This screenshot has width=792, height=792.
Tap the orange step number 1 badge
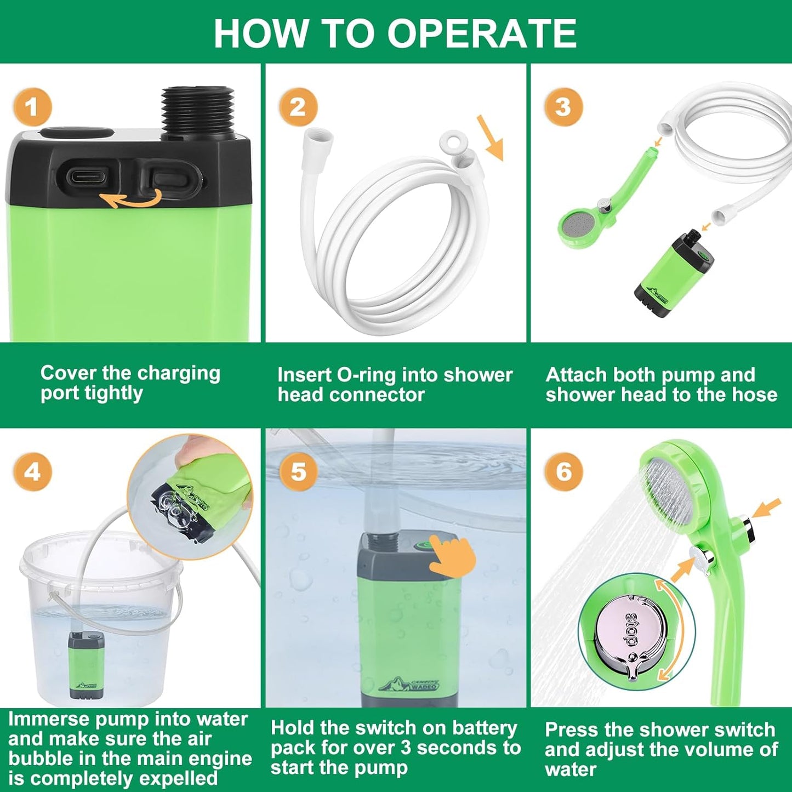click(x=32, y=106)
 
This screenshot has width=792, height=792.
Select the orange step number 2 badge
click(x=298, y=106)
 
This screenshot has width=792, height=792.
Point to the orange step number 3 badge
click(x=563, y=106)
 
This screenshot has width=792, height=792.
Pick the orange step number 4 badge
click(x=32, y=471)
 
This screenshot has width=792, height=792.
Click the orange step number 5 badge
click(x=298, y=471)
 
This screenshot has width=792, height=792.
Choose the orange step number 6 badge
click(x=563, y=471)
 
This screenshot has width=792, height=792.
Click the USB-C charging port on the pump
click(x=86, y=176)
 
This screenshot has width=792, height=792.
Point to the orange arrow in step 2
click(x=491, y=138)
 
